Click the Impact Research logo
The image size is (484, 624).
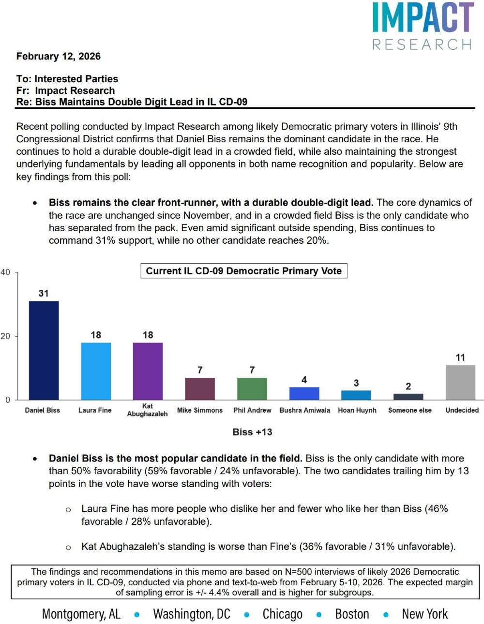click(423, 26)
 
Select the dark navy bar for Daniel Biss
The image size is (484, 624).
click(44, 350)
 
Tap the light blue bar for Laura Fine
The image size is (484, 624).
click(96, 371)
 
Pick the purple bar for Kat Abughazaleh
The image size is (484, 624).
click(148, 371)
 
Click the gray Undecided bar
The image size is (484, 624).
click(460, 382)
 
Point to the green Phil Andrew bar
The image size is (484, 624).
click(252, 388)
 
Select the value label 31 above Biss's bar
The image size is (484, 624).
click(44, 293)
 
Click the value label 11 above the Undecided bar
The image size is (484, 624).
click(460, 357)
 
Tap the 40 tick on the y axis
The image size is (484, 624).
click(5, 272)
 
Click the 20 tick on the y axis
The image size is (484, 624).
click(5, 336)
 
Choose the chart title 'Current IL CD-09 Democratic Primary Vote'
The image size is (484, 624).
click(243, 271)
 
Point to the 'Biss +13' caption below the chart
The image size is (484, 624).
click(252, 432)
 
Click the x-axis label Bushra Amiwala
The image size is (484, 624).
click(304, 410)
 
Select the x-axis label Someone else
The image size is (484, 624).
click(409, 410)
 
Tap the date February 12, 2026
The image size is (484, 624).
click(59, 56)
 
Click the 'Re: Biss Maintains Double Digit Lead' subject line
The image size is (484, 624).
click(132, 102)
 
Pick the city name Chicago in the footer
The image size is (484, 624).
click(282, 614)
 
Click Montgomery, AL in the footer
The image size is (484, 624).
click(81, 614)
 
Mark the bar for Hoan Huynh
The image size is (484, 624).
click(356, 395)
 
